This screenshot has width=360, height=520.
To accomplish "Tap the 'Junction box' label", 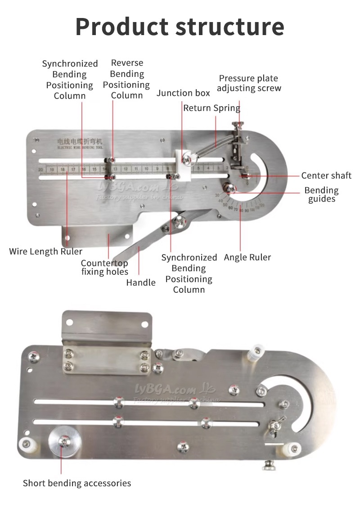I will [183, 93].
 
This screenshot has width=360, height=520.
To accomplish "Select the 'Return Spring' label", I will [211, 108].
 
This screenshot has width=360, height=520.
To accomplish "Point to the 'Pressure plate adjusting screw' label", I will [249, 83].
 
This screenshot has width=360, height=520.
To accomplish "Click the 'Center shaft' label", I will [326, 175].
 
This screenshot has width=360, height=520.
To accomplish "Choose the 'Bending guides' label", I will [321, 194].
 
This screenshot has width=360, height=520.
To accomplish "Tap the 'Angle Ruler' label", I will [247, 257].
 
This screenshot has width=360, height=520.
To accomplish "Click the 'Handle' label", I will [141, 282].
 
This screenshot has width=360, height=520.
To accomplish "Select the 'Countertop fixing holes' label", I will [104, 267].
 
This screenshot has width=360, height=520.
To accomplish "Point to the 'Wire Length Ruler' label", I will [46, 251].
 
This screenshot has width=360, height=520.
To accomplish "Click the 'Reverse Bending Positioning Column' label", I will [126, 79].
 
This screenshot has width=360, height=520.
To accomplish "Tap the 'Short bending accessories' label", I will [77, 483].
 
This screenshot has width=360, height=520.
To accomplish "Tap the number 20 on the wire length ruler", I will [41, 170].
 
